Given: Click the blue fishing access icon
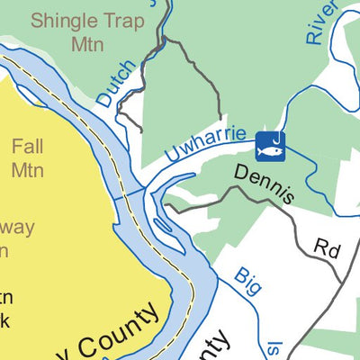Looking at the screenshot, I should (x=270, y=145).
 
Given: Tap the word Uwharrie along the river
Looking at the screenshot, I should (x=204, y=148).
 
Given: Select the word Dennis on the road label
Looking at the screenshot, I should (x=265, y=184).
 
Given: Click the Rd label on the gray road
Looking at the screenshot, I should (x=326, y=247).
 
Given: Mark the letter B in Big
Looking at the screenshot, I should (x=239, y=273).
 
